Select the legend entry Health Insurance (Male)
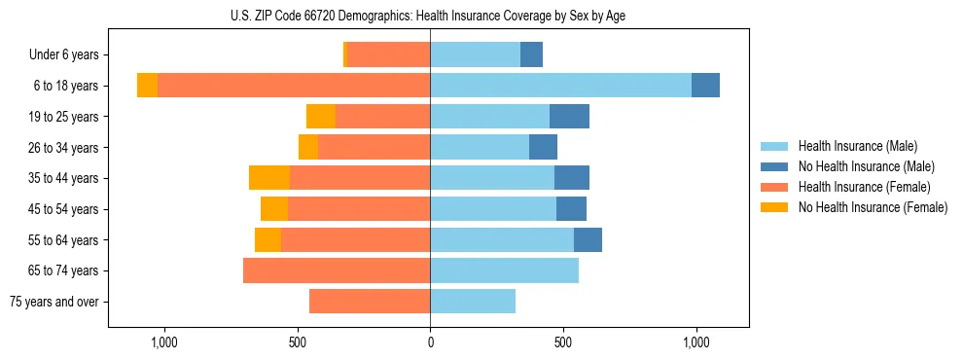click(x=857, y=146)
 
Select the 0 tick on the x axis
click(x=430, y=342)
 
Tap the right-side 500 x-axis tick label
click(x=563, y=342)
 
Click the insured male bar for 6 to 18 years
click(x=560, y=86)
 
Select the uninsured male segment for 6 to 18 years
click(x=705, y=86)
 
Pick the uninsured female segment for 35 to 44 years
click(x=269, y=178)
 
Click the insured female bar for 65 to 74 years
click(x=337, y=270)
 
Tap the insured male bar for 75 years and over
click(x=473, y=302)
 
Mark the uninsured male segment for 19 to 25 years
click(x=569, y=117)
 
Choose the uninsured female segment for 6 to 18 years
click(x=147, y=86)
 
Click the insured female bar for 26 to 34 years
click(x=374, y=147)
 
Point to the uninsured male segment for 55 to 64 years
click(x=588, y=239)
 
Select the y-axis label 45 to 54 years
click(x=63, y=209)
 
